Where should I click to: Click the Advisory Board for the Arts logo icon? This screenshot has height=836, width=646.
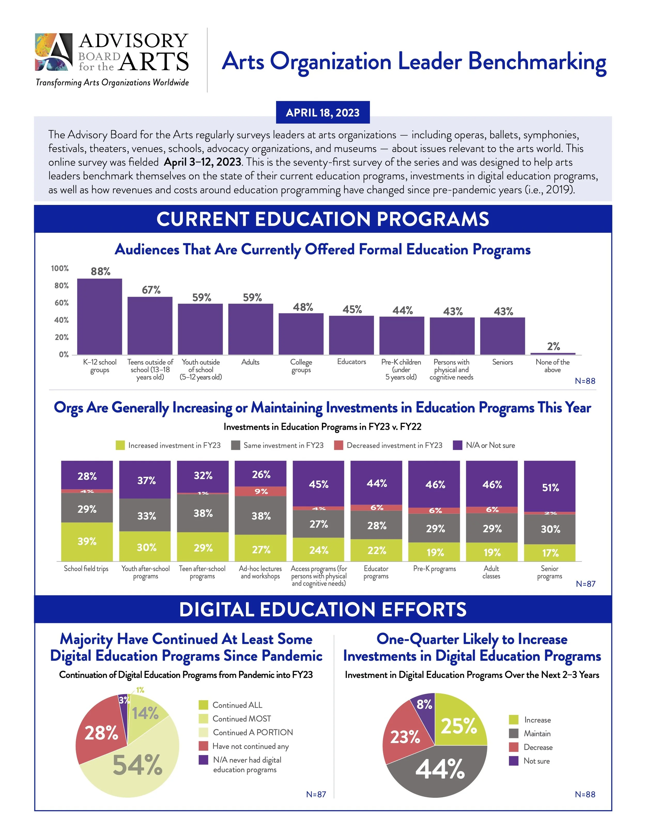click(53, 52)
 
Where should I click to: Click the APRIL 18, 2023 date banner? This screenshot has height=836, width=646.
click(323, 112)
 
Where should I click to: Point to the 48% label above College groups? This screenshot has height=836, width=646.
click(303, 307)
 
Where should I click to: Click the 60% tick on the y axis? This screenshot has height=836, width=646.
click(61, 303)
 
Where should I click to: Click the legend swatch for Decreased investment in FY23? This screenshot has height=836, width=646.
click(338, 445)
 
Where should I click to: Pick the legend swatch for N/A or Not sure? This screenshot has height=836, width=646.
click(457, 445)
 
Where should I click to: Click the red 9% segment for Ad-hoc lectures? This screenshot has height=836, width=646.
click(261, 491)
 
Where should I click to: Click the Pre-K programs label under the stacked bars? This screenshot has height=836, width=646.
click(434, 569)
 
